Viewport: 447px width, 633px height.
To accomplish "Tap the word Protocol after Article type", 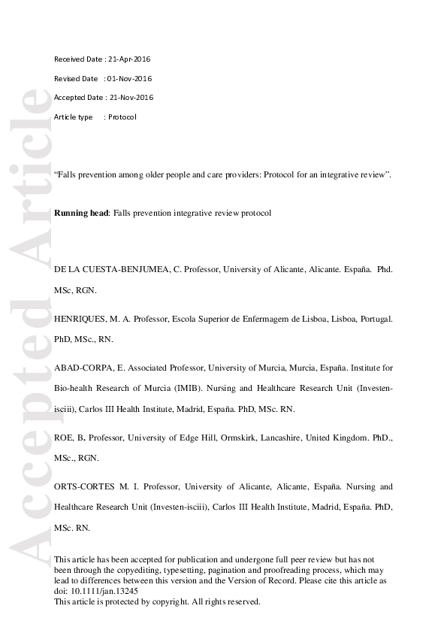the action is (122, 117).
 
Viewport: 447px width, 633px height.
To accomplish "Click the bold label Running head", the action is (82, 214).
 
